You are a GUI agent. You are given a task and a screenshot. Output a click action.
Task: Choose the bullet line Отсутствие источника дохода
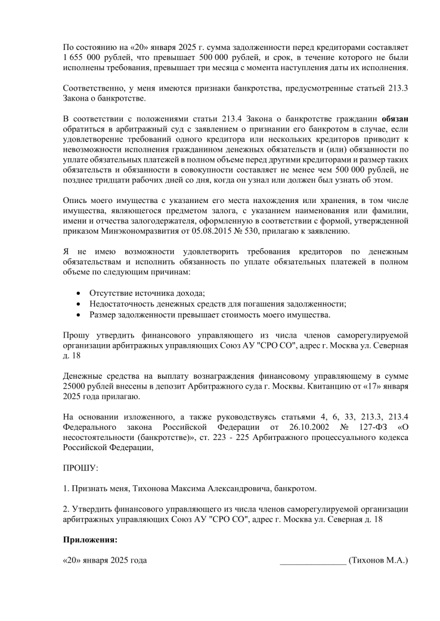coord(147,293)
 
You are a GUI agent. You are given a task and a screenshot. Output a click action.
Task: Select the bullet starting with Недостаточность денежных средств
coord(218,304)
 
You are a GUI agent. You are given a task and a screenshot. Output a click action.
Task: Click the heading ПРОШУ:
coord(80,470)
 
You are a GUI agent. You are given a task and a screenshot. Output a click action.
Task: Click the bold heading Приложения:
coord(90,540)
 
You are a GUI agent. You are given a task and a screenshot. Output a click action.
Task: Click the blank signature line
coord(312,561)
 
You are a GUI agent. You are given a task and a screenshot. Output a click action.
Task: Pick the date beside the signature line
coord(105,560)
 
